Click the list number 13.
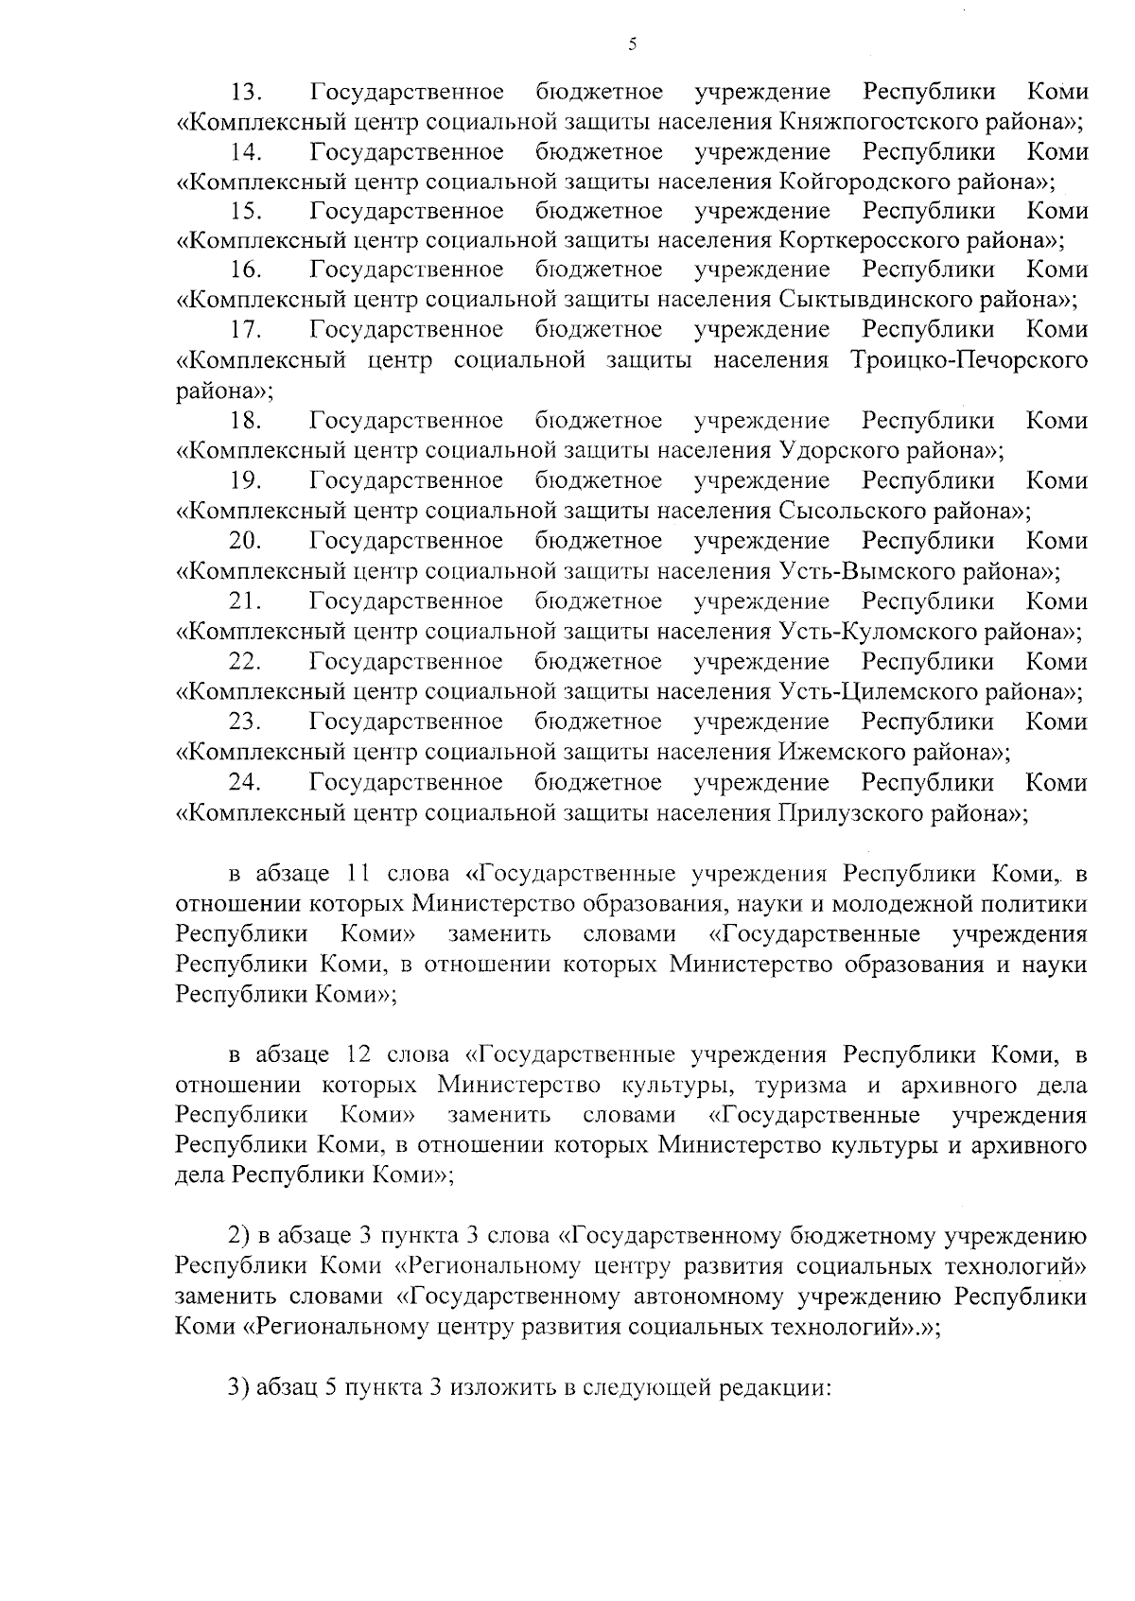point(247,93)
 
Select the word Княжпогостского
point(882,122)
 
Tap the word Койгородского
point(868,182)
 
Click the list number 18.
point(247,421)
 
